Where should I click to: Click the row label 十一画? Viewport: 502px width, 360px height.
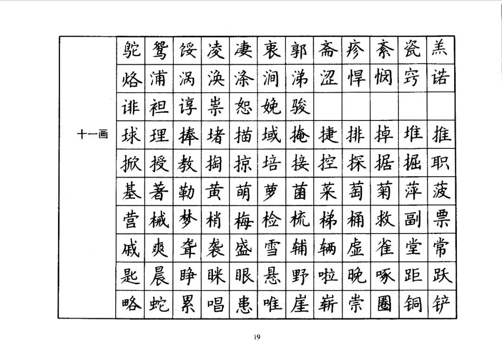(92, 135)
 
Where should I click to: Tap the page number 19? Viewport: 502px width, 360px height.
(257, 337)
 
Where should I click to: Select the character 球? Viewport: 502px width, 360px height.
(130, 135)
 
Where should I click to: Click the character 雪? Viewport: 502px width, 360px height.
(271, 247)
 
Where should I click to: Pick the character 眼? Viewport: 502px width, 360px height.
(243, 276)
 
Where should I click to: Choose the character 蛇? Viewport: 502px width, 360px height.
(159, 304)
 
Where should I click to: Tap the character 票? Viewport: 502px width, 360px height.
(440, 219)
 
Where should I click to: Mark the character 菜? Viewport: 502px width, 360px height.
(328, 191)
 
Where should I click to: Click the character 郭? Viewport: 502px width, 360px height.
(299, 50)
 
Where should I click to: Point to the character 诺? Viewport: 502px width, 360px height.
(440, 79)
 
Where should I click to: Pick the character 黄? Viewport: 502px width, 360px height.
(215, 191)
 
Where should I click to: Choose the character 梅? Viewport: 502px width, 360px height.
(243, 219)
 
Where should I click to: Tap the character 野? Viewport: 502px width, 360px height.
(299, 276)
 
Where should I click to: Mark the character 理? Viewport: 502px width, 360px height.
(159, 135)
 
